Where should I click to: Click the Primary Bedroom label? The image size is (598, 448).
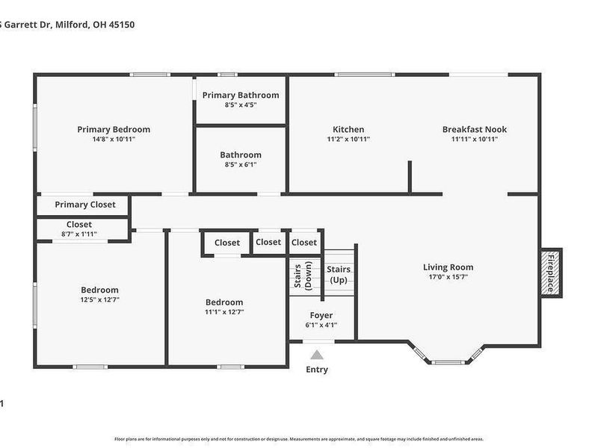coord(114,129)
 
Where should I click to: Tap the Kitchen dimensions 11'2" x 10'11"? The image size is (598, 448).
coord(348,139)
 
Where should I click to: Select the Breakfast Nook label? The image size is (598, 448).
coord(474,129)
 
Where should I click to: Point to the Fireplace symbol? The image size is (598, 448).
coord(551,272)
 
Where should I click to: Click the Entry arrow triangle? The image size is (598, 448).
coord(317,355)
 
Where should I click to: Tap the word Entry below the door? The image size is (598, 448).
coord(317,370)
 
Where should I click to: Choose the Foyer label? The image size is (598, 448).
coord(321,315)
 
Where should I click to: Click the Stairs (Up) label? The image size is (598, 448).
coord(338,274)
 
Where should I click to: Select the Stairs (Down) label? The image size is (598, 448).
coord(302,275)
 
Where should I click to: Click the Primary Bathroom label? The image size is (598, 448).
coord(240,95)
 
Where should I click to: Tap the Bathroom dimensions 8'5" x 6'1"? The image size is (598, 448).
coord(240,164)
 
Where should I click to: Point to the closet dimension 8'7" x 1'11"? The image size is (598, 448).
coord(78,234)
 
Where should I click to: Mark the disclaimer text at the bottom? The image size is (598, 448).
coord(299,439)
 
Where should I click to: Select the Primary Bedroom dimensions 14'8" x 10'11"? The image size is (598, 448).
coord(114,139)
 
